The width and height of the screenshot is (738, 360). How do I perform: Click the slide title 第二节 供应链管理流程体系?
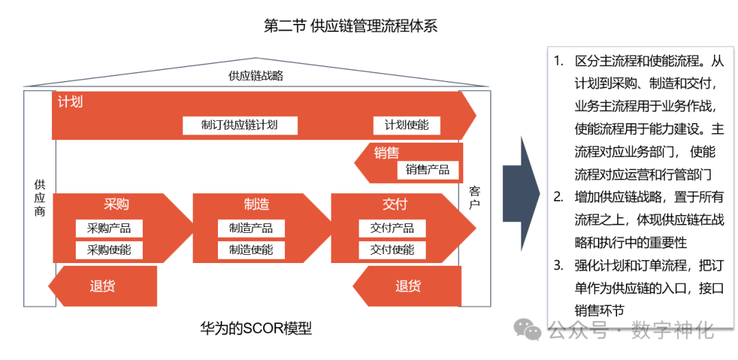tap(350, 27)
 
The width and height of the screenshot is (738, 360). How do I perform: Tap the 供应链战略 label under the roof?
tap(256, 76)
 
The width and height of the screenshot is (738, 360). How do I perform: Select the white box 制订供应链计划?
tap(239, 125)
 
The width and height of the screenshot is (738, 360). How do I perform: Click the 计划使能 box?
tap(407, 125)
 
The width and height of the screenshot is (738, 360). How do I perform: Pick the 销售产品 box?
tap(428, 169)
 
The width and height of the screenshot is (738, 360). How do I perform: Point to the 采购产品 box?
tap(109, 228)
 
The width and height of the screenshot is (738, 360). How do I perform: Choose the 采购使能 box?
tap(109, 250)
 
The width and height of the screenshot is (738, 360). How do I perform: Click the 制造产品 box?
tap(251, 228)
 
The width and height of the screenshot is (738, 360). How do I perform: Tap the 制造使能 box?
tap(251, 250)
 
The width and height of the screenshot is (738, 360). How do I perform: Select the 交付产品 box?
tap(392, 228)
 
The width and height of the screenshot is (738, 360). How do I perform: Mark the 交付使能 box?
tap(392, 250)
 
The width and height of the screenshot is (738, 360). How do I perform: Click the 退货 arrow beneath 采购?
tap(102, 286)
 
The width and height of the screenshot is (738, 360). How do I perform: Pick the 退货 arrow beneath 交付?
tap(408, 286)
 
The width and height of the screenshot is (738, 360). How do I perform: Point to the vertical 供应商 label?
tap(40, 197)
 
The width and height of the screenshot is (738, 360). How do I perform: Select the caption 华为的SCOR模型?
tap(256, 329)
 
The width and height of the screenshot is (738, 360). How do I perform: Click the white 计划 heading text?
tap(70, 102)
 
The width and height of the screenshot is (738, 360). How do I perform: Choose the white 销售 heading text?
tap(387, 152)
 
